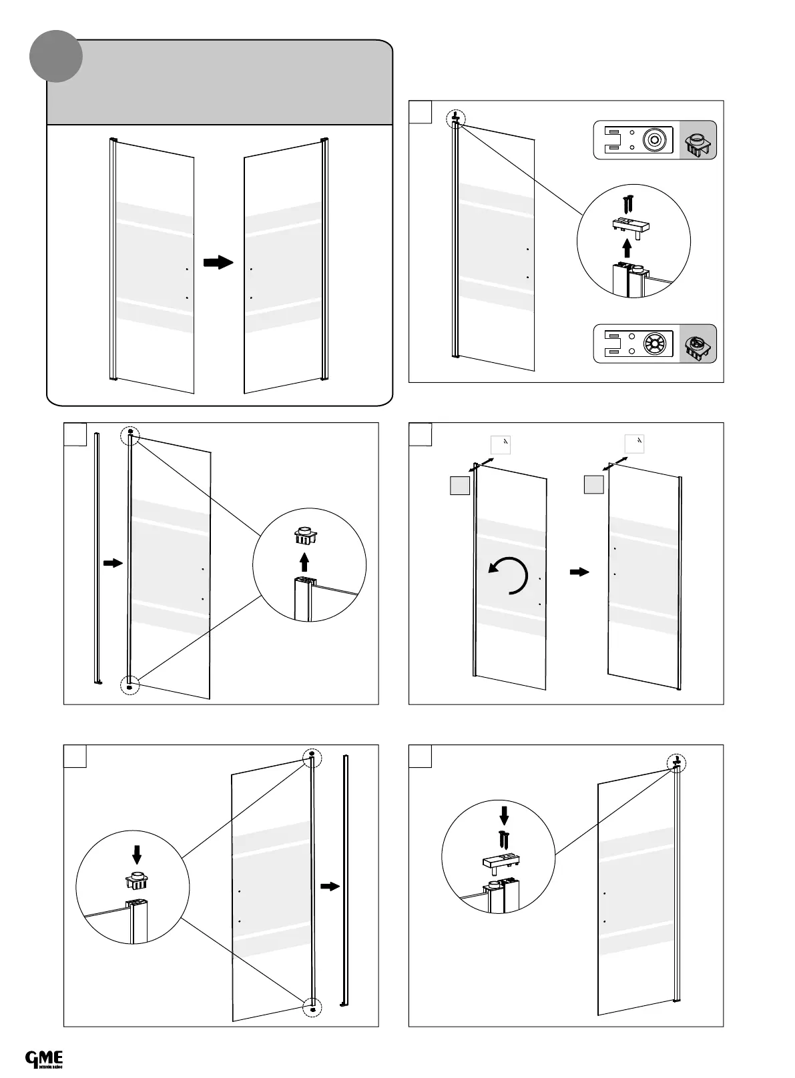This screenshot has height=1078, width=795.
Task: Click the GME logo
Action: (44, 1059)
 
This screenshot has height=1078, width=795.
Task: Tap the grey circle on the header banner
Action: (56, 56)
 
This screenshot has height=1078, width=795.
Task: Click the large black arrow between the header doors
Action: (218, 262)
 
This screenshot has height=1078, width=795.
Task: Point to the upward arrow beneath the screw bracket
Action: (626, 248)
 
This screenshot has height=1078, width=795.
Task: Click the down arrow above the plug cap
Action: (137, 853)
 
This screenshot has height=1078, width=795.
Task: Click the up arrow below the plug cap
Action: (304, 561)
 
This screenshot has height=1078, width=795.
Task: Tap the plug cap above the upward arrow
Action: (304, 536)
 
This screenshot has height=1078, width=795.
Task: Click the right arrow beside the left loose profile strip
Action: (113, 563)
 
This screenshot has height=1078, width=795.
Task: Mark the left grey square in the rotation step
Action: (460, 485)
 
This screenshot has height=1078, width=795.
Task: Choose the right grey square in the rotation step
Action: (594, 484)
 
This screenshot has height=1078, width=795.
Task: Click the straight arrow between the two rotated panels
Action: (580, 572)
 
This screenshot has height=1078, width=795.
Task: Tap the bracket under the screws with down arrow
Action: (501, 861)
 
